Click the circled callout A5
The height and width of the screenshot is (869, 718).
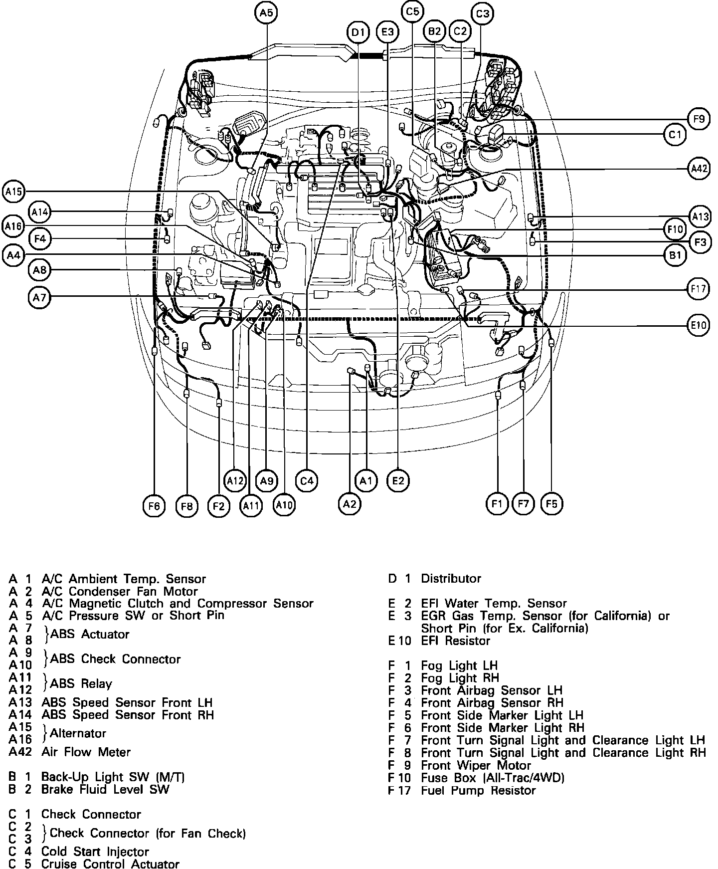click(267, 13)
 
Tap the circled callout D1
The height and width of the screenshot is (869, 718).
click(358, 33)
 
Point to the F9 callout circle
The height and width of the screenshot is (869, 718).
click(699, 119)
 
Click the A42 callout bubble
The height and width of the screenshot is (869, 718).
click(699, 169)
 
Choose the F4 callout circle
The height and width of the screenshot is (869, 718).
click(40, 239)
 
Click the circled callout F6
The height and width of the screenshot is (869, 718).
click(154, 506)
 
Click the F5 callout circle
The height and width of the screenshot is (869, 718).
click(551, 504)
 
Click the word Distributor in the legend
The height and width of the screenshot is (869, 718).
click(451, 579)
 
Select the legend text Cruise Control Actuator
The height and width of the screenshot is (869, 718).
click(110, 864)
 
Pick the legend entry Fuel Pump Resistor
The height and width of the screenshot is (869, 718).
click(478, 791)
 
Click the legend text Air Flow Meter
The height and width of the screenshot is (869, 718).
click(86, 752)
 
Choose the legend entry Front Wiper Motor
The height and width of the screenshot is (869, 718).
click(476, 766)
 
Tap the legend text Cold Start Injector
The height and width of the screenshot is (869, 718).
click(95, 852)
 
